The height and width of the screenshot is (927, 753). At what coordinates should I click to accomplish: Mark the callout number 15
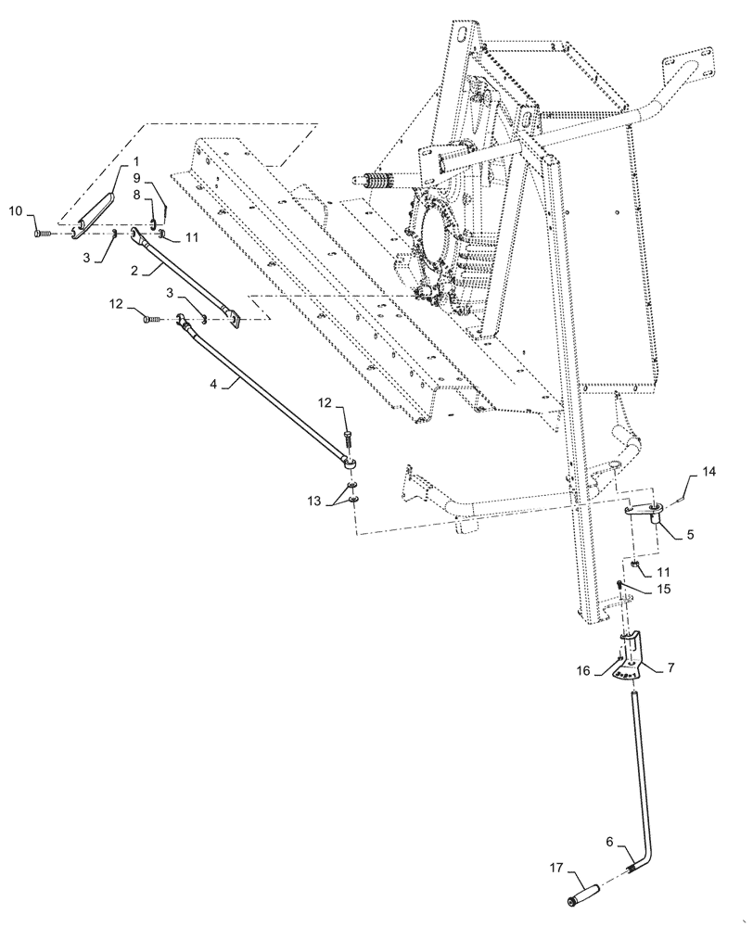(665, 589)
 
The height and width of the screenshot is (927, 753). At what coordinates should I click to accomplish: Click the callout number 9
(136, 178)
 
